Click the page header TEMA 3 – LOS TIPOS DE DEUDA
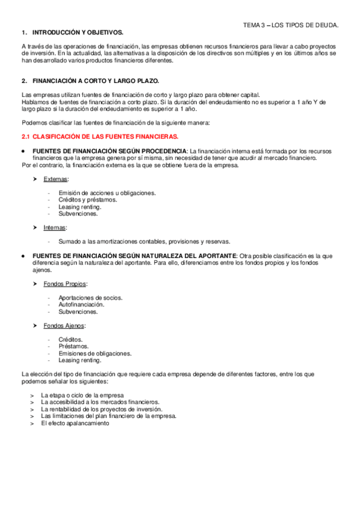coord(290,25)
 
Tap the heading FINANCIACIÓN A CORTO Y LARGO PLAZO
coord(96,81)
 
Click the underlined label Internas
coord(55,228)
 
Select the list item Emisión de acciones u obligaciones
coord(107,193)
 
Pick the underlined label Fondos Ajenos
coord(64,326)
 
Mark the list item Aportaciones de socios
coord(90,298)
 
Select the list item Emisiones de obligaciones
coord(94,354)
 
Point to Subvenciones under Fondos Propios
coord(78,312)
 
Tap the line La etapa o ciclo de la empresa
coord(82,395)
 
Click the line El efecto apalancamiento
coord(75,423)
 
